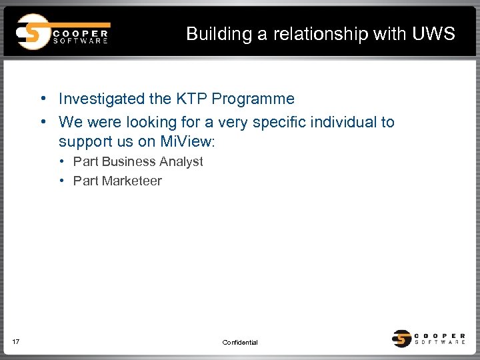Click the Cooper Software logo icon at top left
click(x=32, y=32)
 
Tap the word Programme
click(x=253, y=99)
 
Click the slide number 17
click(x=16, y=342)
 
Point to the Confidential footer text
click(x=240, y=343)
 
